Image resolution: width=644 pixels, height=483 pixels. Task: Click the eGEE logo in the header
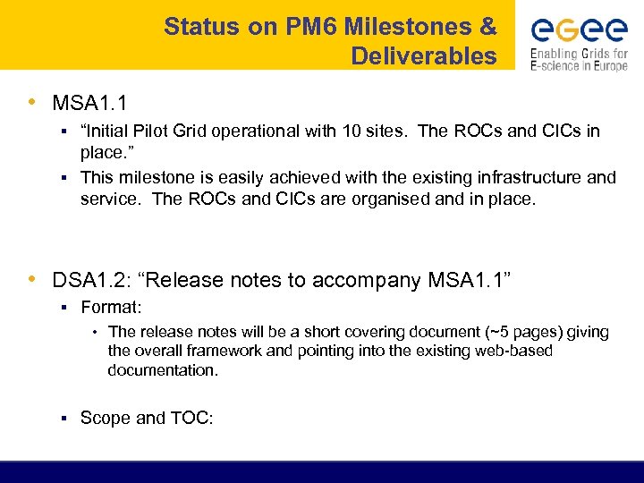579,31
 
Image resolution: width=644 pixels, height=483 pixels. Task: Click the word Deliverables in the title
423,56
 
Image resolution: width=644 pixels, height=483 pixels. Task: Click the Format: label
111,308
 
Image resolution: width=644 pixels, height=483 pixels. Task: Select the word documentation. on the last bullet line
163,370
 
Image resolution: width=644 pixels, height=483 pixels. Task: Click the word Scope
106,418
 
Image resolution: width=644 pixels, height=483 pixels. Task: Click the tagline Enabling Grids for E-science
579,59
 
